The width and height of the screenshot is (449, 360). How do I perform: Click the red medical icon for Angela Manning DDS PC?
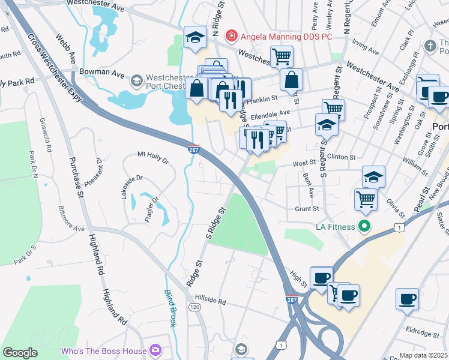coord(230,37)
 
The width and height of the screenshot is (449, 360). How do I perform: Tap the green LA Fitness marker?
coord(363,226)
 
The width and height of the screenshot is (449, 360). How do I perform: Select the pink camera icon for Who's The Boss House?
coord(155,349)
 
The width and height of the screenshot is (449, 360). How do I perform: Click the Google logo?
coord(20,353)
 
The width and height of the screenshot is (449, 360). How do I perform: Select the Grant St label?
coord(306,209)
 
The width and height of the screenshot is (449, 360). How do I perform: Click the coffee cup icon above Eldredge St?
coord(408,299)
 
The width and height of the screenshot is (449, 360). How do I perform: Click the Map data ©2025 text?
coord(423,355)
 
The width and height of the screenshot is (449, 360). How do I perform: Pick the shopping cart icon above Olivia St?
coord(366,199)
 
